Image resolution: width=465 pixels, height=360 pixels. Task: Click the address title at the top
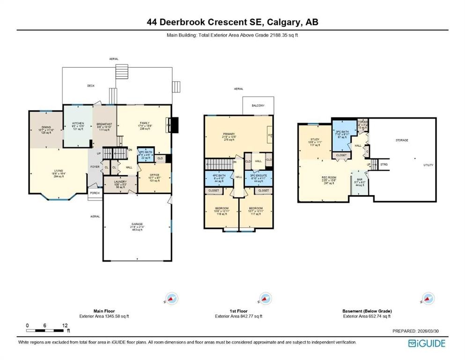click(232, 22)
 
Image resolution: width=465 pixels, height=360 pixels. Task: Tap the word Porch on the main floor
click(95, 192)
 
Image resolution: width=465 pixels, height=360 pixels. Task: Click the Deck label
click(91, 86)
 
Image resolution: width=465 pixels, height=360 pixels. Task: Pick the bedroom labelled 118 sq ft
click(221, 210)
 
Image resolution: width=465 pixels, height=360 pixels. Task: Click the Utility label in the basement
click(428, 165)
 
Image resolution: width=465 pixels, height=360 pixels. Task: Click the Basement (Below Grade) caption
click(367, 311)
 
